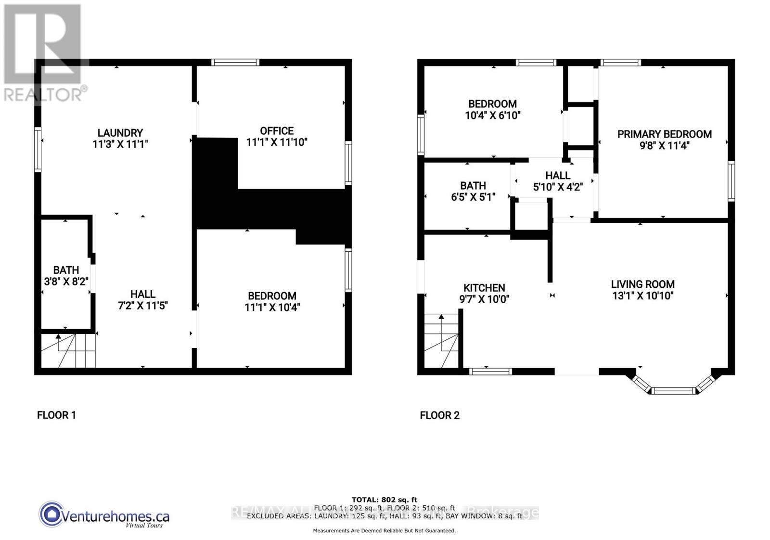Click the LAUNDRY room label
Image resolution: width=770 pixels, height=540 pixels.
[120, 133]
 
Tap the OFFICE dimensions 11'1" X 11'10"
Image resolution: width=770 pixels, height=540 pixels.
[276, 142]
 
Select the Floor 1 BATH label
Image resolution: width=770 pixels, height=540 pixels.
[66, 270]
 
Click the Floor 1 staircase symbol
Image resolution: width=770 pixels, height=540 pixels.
[67, 351]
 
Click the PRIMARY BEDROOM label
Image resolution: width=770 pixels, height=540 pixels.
[664, 134]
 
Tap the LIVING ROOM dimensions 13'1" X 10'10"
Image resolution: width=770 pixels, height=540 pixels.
[642, 296]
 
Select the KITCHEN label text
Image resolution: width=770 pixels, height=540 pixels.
[484, 288]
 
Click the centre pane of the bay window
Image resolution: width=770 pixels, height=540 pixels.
[673, 390]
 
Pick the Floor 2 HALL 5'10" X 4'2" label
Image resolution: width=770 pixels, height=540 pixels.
[558, 181]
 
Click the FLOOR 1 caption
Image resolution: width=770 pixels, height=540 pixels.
[56, 415]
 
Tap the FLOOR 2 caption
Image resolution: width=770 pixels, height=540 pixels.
[439, 415]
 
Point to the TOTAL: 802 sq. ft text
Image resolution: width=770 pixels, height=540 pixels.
[384, 500]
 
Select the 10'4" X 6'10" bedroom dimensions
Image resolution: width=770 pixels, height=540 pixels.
[492, 116]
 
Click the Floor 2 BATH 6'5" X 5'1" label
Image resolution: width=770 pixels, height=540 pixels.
[473, 191]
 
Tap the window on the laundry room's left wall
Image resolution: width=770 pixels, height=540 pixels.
[38, 149]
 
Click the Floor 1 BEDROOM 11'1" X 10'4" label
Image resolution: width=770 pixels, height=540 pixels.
[272, 301]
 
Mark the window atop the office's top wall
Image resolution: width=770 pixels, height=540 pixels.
[235, 62]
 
